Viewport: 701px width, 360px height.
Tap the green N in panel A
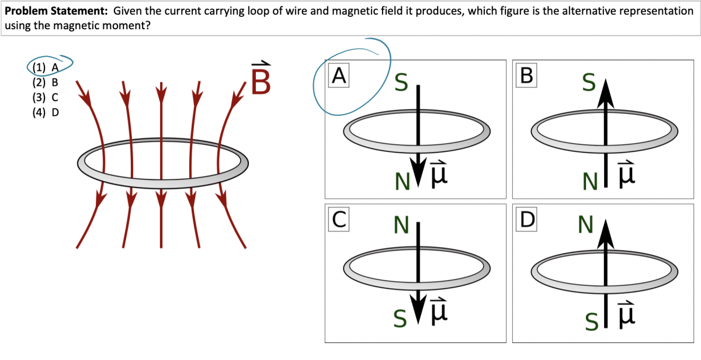click(401, 182)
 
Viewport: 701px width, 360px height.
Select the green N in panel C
click(401, 224)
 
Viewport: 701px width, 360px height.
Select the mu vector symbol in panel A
click(439, 172)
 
